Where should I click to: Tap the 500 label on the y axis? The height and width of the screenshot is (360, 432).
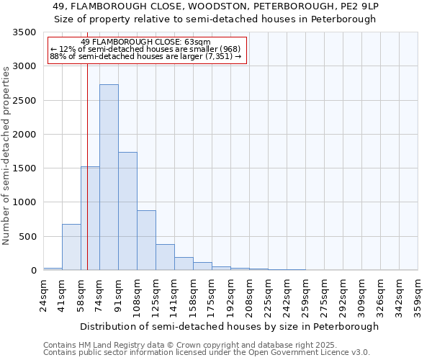coord(29,237)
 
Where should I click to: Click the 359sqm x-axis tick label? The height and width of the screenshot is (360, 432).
coord(418,293)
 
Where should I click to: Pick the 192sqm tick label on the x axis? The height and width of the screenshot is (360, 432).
coord(231,293)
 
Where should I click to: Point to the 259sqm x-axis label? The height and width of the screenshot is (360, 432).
coord(306,293)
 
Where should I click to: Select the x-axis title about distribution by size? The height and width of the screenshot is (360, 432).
coord(229,326)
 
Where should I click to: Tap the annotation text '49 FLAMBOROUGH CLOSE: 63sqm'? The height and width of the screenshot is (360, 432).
coord(146,42)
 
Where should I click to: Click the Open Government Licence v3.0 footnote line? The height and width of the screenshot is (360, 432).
coord(207,353)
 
